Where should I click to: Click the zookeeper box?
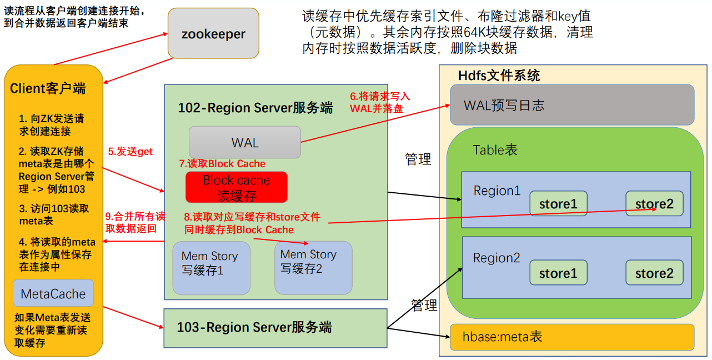(x=213, y=33)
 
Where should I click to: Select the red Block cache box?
(x=237, y=187)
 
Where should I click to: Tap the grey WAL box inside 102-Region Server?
(x=244, y=142)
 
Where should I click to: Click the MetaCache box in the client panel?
(x=53, y=293)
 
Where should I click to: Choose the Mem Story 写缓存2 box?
(x=313, y=267)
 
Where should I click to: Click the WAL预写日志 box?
(x=571, y=104)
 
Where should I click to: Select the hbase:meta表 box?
(x=571, y=337)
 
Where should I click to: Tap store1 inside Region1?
(x=558, y=204)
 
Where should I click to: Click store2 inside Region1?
(x=654, y=204)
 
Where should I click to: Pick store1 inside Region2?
(x=558, y=273)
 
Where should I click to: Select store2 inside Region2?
(x=654, y=273)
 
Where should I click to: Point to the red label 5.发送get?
(x=130, y=151)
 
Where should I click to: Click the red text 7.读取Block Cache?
(x=222, y=163)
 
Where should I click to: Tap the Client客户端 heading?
(x=48, y=88)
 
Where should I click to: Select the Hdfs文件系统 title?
(x=499, y=76)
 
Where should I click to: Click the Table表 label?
(x=495, y=149)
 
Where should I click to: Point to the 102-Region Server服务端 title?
(x=255, y=107)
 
